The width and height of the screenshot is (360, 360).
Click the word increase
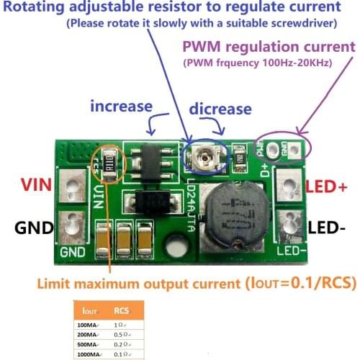(x=121, y=107)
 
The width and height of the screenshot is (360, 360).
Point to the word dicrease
(x=220, y=109)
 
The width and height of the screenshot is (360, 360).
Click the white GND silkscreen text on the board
(x=73, y=252)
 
